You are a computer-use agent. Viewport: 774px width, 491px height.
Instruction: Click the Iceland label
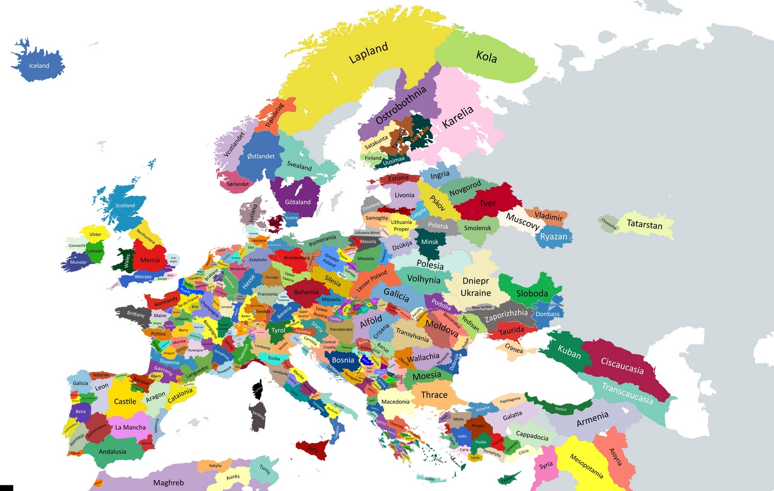tap(39, 66)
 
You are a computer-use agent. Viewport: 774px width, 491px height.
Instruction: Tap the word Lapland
tap(368, 53)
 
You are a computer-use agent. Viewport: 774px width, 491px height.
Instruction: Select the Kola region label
tap(487, 56)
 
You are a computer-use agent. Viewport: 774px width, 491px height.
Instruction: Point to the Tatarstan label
tap(644, 224)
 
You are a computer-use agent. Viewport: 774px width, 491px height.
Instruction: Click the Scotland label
tap(125, 205)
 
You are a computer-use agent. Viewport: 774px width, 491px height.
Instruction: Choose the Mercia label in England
tap(150, 260)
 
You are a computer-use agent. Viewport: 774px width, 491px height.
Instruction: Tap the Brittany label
tap(136, 314)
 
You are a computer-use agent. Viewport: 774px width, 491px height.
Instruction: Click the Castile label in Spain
tap(125, 401)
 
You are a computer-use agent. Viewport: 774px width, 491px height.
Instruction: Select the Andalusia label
tap(112, 451)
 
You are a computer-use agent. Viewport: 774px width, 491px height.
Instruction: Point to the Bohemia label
tap(307, 292)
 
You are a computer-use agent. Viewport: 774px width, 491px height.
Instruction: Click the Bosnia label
tap(343, 360)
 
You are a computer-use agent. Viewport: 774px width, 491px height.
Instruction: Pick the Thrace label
tap(434, 395)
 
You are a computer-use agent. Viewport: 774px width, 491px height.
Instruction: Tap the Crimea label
tap(514, 349)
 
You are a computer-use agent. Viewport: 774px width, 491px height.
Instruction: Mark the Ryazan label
tap(554, 236)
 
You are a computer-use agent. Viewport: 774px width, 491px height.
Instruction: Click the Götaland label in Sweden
tap(298, 202)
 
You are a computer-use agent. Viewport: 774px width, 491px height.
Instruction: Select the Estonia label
tap(398, 179)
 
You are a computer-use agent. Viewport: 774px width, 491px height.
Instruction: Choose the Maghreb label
tap(168, 483)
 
